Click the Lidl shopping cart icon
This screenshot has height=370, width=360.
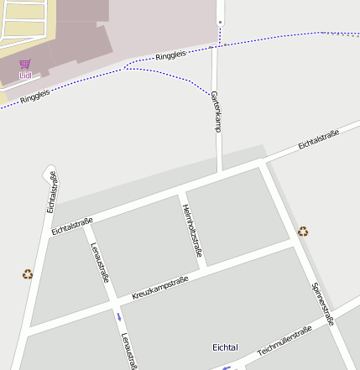point(24,64)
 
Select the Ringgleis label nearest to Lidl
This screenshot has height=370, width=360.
point(34,96)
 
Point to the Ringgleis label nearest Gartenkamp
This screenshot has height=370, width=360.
point(171,56)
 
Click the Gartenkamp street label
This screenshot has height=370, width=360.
point(216,112)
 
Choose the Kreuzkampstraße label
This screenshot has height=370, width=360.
point(160,289)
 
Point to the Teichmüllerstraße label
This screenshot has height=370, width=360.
point(284,340)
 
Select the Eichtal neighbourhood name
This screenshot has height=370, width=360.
point(225,347)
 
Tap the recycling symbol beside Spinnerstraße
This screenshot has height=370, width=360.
point(303,231)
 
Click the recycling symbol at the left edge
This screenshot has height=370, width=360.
point(28,274)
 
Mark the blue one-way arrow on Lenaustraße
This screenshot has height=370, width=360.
point(119,317)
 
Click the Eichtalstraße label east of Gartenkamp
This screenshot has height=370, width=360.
point(318,141)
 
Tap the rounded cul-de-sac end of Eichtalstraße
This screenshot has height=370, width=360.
point(48,173)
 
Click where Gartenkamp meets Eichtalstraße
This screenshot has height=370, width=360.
point(221,171)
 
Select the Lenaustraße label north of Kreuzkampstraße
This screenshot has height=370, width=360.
point(100,262)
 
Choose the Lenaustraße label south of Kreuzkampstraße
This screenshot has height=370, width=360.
point(128,350)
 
